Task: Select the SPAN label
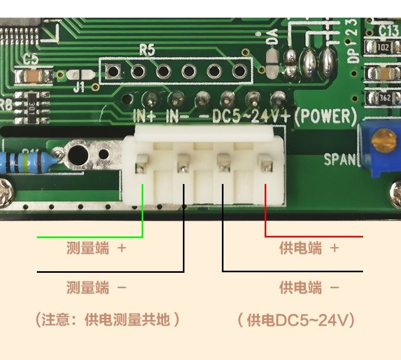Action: coord(340,159)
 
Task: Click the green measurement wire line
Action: coord(91,236)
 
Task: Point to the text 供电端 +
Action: coord(309,248)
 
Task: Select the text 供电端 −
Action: coord(309,288)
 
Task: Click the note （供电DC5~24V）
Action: coord(297,320)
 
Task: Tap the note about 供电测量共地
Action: coord(107,320)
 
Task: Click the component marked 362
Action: coord(384,98)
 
